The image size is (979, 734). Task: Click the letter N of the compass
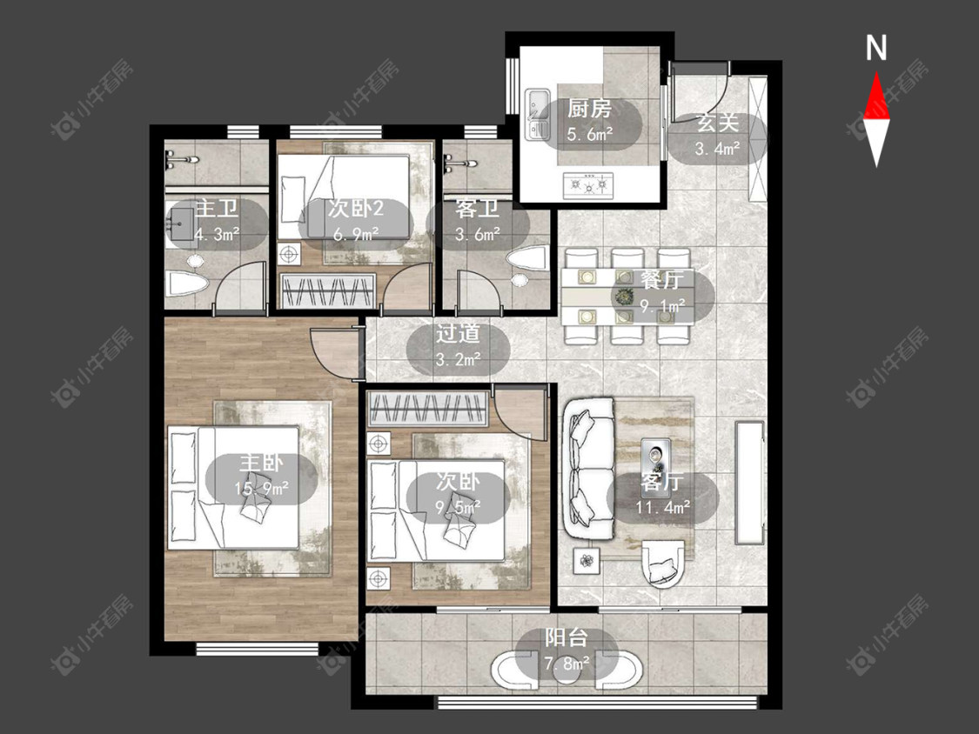[876, 48]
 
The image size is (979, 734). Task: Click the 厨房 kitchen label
[589, 110]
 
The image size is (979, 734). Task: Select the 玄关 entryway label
[718, 123]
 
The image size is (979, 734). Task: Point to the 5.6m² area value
[589, 134]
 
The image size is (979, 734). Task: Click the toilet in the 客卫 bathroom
[528, 257]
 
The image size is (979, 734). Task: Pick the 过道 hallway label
[458, 333]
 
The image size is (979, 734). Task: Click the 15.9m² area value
[262, 489]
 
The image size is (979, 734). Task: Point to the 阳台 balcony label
[567, 637]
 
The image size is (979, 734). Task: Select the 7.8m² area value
[567, 663]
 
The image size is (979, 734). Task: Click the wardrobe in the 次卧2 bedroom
[328, 290]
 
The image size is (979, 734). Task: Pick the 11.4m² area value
[663, 507]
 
